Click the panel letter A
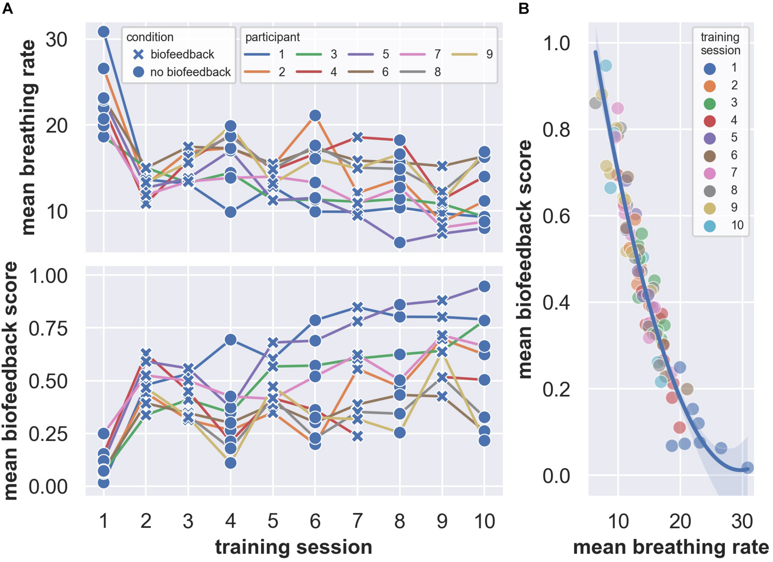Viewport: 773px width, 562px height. tap(7, 8)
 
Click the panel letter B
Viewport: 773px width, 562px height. tap(523, 8)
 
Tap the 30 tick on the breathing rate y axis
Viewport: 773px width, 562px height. tap(56, 40)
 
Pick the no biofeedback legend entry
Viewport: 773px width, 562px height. tap(190, 72)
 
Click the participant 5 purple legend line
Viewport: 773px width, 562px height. tap(361, 54)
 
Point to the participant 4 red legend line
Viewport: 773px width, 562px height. tap(309, 72)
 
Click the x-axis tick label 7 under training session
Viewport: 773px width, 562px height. tap(357, 522)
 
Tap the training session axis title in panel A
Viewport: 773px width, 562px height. tap(293, 548)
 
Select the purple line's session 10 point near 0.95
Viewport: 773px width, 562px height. tap(484, 287)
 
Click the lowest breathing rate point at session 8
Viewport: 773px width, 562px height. tap(399, 243)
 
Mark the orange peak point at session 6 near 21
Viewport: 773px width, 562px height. tap(315, 116)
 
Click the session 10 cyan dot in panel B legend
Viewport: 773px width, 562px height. tap(710, 226)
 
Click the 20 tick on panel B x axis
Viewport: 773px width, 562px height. tap(680, 522)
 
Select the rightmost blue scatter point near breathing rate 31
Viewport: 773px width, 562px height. tap(747, 468)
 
